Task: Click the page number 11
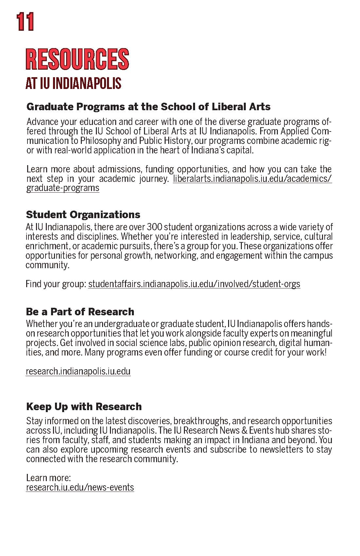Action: tap(26, 22)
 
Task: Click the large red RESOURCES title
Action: tap(77, 59)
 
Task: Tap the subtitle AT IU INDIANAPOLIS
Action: tap(73, 83)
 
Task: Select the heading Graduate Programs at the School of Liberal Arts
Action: tap(148, 107)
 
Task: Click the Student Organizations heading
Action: tap(83, 215)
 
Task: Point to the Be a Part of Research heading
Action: tap(80, 311)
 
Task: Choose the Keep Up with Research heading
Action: tap(84, 407)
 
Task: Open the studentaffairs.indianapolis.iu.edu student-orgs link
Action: tap(194, 284)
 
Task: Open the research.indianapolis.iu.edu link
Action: tap(78, 371)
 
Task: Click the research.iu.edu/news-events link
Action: tap(80, 487)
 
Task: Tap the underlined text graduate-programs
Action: tap(63, 188)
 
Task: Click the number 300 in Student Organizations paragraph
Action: tap(154, 227)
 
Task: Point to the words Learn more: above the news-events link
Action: tap(48, 478)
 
